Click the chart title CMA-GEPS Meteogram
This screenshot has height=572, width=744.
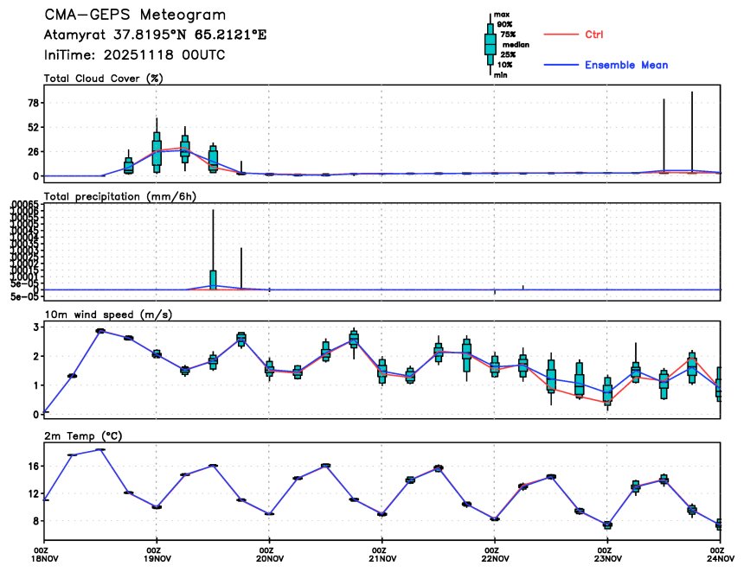(135, 16)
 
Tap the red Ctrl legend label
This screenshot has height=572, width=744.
(593, 34)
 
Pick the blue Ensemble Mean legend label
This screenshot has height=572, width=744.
(625, 65)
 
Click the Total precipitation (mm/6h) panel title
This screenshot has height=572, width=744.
(120, 196)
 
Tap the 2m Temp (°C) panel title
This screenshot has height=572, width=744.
(82, 435)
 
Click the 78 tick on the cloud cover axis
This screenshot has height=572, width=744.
(34, 103)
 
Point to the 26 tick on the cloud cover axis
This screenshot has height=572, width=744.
(34, 151)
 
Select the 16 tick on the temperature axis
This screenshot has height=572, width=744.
(34, 467)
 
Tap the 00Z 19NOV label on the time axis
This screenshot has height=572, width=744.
(155, 556)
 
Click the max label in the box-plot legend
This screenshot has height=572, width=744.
(500, 16)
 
